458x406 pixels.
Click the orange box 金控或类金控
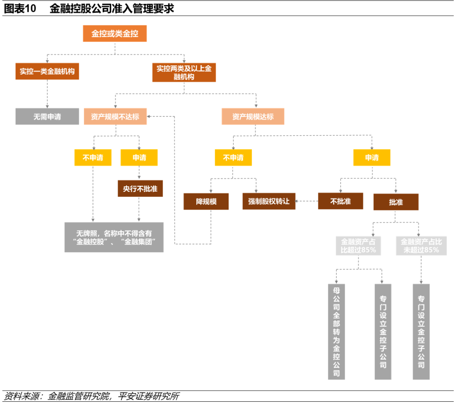114,34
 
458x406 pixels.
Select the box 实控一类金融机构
47,71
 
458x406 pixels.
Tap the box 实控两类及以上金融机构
184,72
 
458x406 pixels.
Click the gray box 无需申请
47,116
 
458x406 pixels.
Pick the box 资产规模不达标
115,116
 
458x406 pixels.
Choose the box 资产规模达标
253,116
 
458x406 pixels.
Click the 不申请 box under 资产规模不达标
92,157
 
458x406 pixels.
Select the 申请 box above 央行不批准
139,157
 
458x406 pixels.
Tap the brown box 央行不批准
140,188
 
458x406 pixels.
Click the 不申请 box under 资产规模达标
233,157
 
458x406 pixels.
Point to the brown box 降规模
206,202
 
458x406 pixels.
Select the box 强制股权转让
269,202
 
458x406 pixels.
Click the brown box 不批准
341,201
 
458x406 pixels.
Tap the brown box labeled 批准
396,202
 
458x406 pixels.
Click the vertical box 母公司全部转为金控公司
337,331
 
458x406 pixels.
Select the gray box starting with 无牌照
114,237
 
